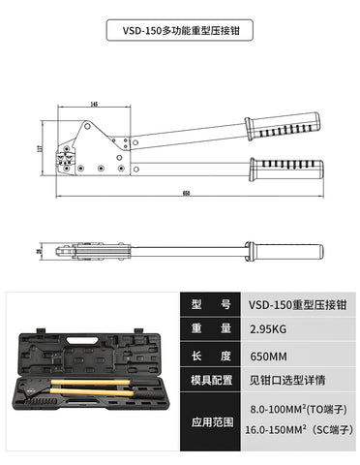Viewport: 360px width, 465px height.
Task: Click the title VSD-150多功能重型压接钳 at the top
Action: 179,30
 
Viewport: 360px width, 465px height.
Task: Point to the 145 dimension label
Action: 94,103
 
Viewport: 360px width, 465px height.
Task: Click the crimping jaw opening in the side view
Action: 68,158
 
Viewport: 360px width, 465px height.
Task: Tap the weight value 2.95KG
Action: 266,330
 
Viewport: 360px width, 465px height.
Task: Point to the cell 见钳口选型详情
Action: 284,381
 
